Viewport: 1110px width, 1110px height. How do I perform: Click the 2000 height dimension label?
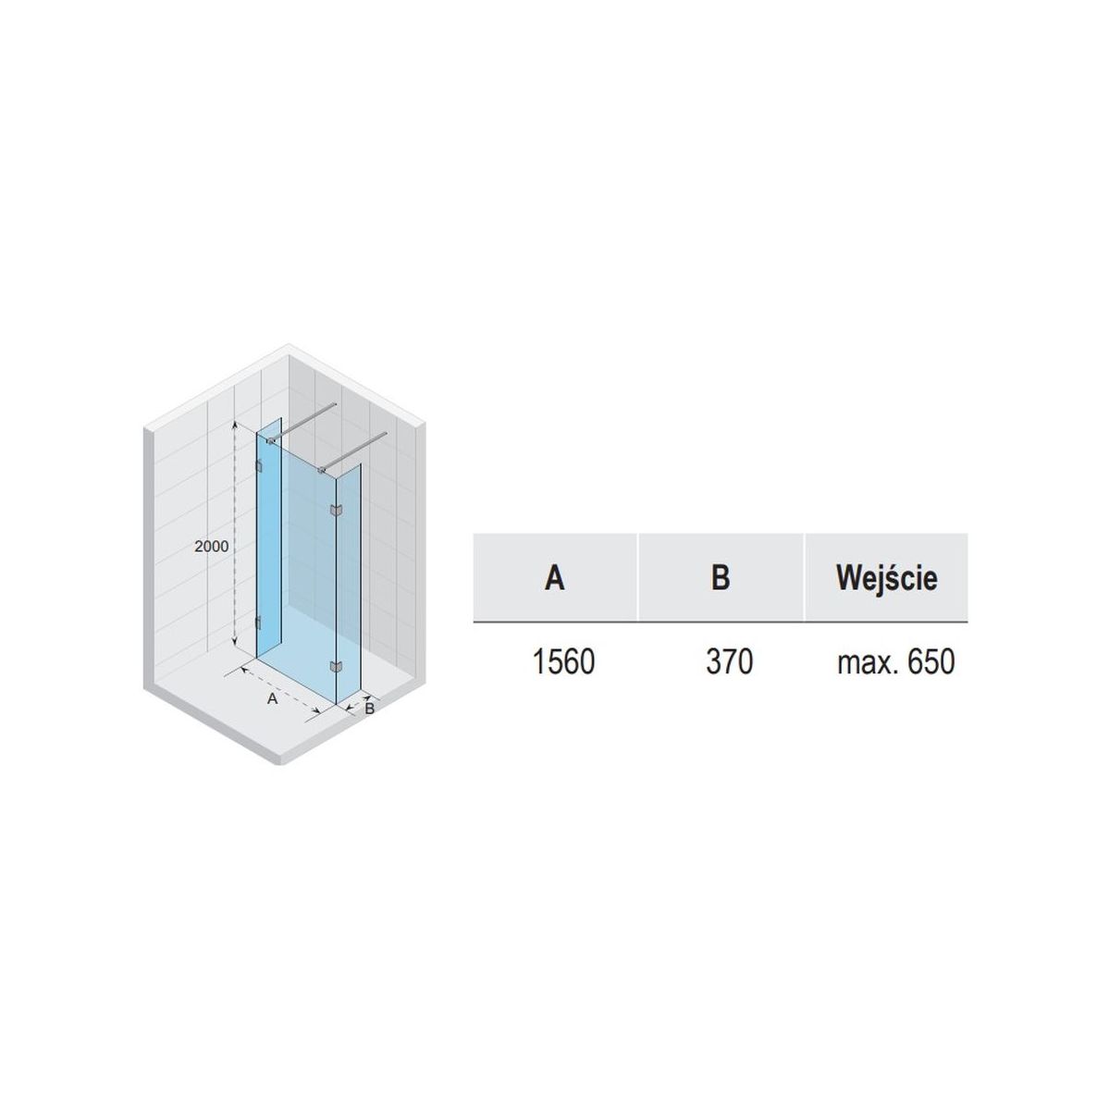pos(212,546)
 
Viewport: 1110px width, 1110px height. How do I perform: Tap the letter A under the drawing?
pos(273,698)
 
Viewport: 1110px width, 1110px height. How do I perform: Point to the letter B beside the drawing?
pos(369,708)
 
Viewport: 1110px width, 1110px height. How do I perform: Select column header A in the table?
pos(554,577)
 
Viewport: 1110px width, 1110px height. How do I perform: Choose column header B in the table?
pos(720,577)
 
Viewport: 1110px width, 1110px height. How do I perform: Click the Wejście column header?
pos(886,578)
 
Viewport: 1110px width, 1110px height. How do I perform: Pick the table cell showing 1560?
pos(563,662)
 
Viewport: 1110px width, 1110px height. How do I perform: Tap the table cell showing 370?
pos(729,662)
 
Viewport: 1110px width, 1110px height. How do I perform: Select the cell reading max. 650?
pos(895,662)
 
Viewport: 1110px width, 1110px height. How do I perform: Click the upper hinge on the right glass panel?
pos(335,510)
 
